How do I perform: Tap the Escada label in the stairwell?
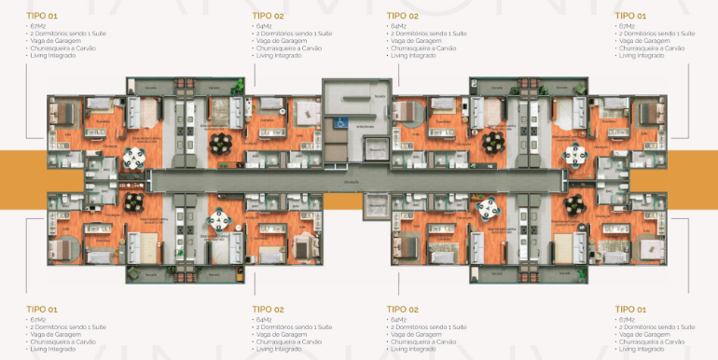(379, 97)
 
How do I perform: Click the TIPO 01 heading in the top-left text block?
(41, 16)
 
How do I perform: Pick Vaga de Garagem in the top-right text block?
(643, 40)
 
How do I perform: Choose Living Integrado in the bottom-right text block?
(642, 348)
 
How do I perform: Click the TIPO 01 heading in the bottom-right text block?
(629, 308)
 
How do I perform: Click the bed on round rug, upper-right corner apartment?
(649, 114)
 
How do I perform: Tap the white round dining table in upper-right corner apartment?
(576, 154)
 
